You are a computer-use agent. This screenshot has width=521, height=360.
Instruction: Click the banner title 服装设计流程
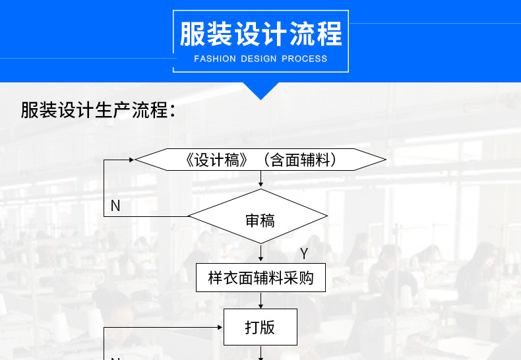coord(260,34)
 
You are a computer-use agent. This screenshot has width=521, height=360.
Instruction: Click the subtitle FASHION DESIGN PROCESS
coord(260,59)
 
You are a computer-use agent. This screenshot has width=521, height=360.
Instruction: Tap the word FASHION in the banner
coord(214,59)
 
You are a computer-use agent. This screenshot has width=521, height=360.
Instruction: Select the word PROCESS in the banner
coord(304,59)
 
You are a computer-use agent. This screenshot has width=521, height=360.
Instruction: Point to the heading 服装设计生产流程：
coord(98,110)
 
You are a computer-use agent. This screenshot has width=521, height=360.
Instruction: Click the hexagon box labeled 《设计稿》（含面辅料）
coord(260,160)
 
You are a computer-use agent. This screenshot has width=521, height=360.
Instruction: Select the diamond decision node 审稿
coord(258,216)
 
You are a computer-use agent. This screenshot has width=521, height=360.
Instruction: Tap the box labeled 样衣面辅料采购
coord(260,278)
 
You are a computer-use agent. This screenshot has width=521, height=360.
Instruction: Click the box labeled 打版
coord(260,327)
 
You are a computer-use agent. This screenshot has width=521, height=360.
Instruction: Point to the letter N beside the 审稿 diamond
coord(115,206)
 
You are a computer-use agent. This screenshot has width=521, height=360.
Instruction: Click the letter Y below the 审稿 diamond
coord(304,254)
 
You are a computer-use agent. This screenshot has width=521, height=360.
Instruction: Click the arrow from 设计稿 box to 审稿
coord(261,179)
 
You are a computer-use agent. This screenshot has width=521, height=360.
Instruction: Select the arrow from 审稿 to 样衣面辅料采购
coord(261,253)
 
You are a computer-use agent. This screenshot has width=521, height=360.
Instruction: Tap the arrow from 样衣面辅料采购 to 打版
coord(261,300)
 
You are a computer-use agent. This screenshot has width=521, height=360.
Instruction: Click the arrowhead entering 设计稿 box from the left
coord(131,160)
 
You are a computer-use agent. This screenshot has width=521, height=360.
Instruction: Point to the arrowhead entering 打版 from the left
coord(220,327)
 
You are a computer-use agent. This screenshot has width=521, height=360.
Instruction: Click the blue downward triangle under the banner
coord(260,91)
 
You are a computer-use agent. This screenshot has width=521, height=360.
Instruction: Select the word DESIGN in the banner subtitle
coord(259,59)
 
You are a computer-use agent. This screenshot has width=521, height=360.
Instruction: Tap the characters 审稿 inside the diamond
coord(260,220)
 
